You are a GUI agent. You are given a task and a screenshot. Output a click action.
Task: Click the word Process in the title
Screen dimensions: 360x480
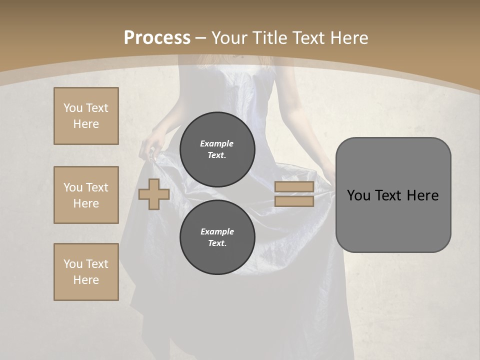click(x=157, y=38)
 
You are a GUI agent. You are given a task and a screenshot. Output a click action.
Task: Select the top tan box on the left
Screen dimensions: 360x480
click(x=86, y=116)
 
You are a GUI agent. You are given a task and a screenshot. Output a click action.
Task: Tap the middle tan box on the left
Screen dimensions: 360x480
click(x=86, y=195)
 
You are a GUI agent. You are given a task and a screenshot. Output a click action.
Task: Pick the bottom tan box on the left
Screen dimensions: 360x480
click(x=86, y=272)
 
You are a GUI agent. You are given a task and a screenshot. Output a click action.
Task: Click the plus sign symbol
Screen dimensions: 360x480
click(x=154, y=194)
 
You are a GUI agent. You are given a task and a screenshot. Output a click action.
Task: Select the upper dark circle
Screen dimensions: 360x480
click(x=217, y=149)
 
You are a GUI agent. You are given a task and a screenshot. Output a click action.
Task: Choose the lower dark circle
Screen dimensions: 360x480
click(x=217, y=237)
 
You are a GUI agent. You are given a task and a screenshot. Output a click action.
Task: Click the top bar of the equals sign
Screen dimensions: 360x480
click(x=294, y=187)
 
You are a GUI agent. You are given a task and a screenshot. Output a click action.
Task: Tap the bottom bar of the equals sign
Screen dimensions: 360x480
click(x=294, y=201)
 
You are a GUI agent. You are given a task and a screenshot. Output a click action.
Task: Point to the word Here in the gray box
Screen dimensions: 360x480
click(x=422, y=195)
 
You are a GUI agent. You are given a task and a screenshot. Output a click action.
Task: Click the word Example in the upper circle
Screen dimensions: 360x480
click(x=216, y=143)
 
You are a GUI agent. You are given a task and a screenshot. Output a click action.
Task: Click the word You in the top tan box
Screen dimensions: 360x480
click(x=73, y=108)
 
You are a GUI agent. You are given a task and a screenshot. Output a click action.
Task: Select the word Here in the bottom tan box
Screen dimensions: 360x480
click(x=86, y=280)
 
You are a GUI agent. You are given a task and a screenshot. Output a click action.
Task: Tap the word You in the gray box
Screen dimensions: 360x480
click(x=358, y=195)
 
